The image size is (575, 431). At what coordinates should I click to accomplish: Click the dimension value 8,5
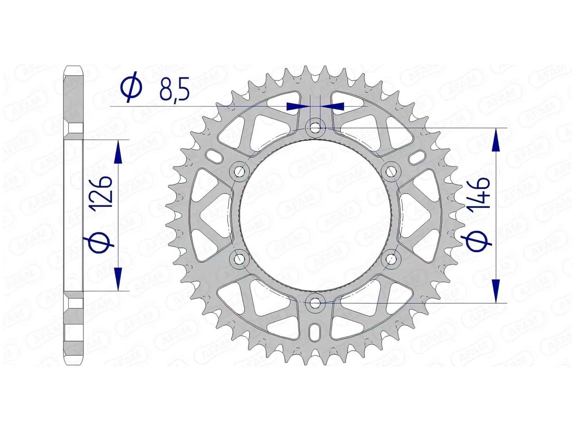pos(175,89)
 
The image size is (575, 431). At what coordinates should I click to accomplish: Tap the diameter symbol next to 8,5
pos(131,89)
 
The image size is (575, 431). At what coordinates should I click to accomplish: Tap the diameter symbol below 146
pos(479,242)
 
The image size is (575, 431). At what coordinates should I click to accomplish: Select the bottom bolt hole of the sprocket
pos(315,303)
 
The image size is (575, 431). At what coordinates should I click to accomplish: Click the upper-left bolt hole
pos(239,172)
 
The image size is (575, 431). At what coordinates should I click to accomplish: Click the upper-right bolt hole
pos(391,172)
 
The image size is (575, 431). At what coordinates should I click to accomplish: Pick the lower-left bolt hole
pos(239,259)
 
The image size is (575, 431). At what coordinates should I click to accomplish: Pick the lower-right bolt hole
pos(391,259)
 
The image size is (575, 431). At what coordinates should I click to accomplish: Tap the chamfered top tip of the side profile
pos(73,69)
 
